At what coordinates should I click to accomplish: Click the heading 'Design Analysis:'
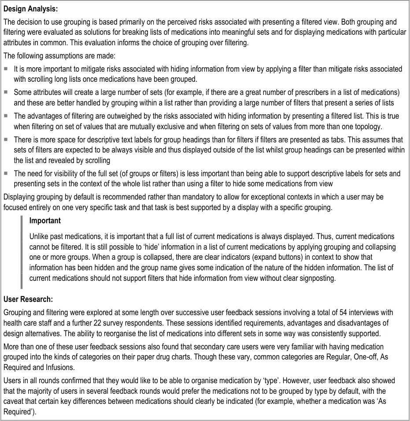(x=30, y=8)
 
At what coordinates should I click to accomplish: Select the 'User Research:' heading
(x=28, y=299)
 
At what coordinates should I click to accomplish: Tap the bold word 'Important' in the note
(x=45, y=220)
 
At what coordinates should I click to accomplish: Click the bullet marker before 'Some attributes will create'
(x=6, y=93)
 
